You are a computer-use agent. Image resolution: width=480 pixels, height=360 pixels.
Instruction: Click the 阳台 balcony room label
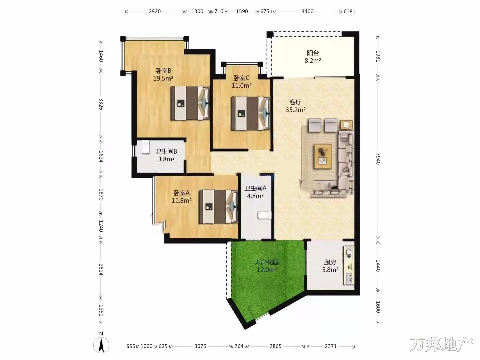click(313, 53)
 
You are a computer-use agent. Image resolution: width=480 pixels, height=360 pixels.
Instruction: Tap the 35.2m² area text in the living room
click(296, 110)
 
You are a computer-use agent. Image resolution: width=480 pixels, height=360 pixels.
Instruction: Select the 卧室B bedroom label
click(163, 71)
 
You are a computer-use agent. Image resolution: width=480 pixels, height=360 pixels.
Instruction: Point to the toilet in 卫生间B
click(145, 147)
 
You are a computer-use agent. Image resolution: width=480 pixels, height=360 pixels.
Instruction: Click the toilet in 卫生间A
click(265, 215)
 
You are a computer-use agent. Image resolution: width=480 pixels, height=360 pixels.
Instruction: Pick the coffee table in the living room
click(323, 156)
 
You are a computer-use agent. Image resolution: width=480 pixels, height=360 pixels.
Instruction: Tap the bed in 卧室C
click(251, 114)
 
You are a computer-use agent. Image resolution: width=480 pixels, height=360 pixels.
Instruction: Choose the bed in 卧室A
click(218, 207)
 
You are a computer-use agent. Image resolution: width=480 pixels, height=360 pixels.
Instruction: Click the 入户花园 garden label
click(267, 262)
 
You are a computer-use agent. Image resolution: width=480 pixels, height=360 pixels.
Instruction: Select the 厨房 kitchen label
click(330, 262)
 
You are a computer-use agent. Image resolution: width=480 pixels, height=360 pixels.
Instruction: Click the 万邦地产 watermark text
click(441, 344)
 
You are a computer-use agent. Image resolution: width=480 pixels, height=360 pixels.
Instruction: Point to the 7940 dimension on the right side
click(378, 159)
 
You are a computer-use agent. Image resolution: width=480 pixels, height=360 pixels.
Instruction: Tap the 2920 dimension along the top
click(155, 11)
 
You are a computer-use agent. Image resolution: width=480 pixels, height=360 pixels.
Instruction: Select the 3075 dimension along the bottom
click(200, 346)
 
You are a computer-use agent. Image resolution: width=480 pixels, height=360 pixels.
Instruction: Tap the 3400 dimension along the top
click(307, 11)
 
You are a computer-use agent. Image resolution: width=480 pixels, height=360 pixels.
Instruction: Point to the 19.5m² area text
click(163, 78)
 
